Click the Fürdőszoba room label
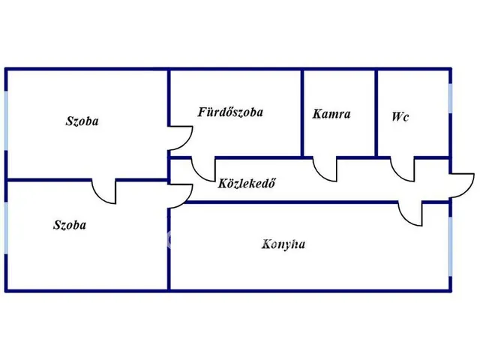230,112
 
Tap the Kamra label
331,114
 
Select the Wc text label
400,117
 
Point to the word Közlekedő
247,183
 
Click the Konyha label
283,244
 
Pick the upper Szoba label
82,121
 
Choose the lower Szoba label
70,225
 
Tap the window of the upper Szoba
6,121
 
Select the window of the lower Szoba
6,228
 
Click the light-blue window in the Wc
450,98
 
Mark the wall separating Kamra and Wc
376,113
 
